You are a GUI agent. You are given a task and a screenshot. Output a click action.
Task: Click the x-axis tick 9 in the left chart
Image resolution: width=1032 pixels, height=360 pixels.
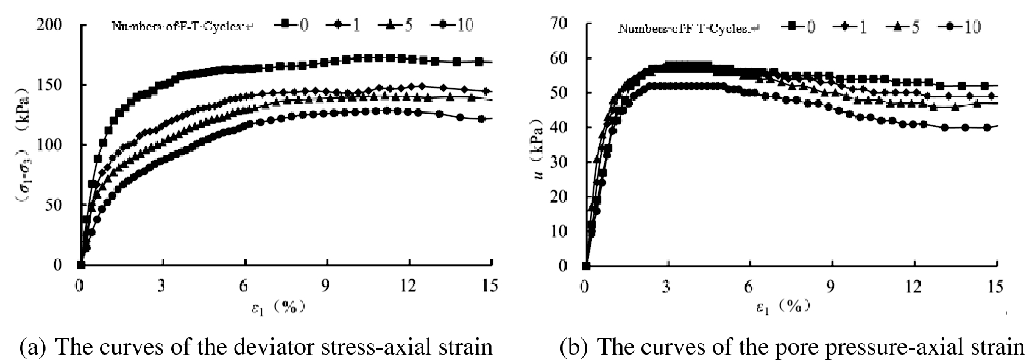[x=327, y=285]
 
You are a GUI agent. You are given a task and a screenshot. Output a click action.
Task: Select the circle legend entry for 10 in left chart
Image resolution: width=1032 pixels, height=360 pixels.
[x=443, y=24]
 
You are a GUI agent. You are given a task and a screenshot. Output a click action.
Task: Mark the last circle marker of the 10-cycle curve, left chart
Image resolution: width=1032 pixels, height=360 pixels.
[x=481, y=119]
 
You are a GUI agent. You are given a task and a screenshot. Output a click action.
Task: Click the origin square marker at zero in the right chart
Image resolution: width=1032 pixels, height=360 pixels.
[x=586, y=266]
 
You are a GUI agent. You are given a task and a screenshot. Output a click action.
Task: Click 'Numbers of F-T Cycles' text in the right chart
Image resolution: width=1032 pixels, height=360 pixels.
[x=684, y=28]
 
